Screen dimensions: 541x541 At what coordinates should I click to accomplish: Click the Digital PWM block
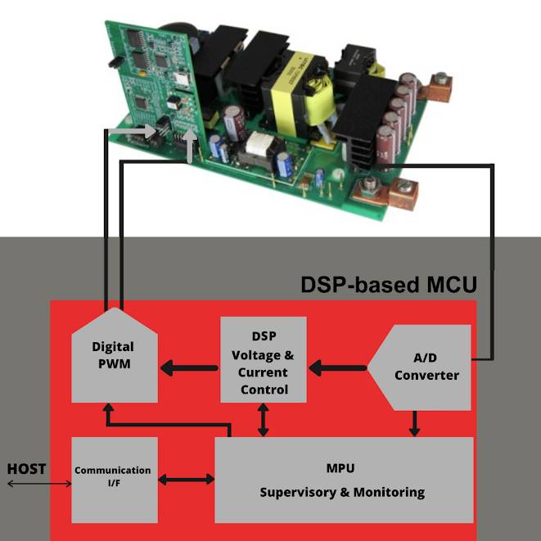pos(113,356)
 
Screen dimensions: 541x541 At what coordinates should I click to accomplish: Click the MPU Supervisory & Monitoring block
pos(343,480)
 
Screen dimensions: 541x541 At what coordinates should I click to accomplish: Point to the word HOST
pos(26,469)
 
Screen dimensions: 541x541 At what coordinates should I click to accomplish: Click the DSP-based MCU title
pos(388,285)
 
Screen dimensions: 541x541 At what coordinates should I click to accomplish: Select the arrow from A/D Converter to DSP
pos(336,367)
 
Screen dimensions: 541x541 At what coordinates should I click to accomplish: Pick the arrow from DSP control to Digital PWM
pos(188,367)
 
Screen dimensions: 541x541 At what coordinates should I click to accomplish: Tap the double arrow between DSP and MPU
pos(263,419)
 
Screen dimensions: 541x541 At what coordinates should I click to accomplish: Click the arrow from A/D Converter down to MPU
pos(415,423)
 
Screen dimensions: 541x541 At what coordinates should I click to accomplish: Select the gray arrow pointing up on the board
pos(191,144)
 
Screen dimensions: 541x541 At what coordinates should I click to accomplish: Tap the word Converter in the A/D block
pos(426,376)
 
